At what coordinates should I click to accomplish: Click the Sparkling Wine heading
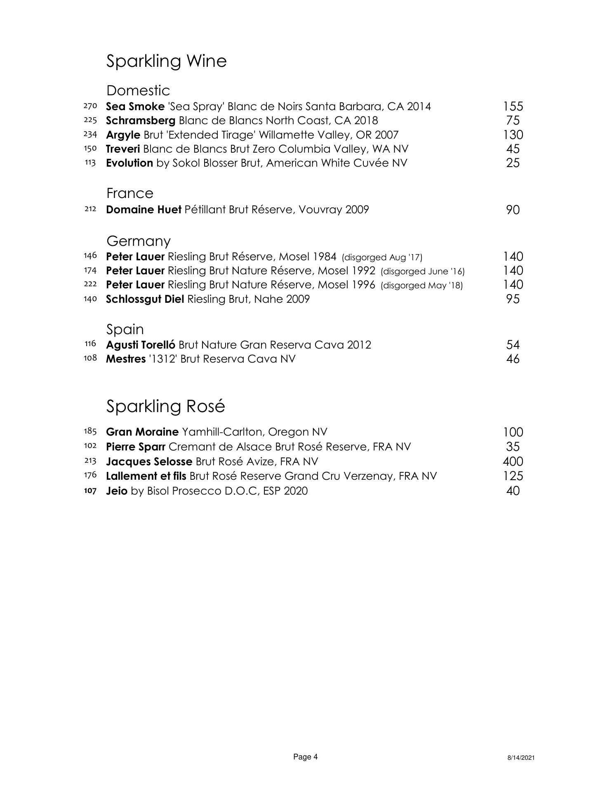[166, 61]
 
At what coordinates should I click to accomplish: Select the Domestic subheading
[138, 90]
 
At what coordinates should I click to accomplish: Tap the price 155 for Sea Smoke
[513, 106]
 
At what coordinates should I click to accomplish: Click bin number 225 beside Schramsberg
[90, 120]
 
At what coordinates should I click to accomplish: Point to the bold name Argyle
[123, 135]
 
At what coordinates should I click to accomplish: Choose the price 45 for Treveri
[513, 149]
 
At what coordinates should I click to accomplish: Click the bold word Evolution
[129, 163]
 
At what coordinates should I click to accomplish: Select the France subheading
[129, 193]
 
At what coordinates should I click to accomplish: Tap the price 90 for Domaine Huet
[513, 210]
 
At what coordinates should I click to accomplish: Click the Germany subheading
[138, 240]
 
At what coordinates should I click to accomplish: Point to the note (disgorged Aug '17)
[382, 258]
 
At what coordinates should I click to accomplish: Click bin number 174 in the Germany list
[90, 271]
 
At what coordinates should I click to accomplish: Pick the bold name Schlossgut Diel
[145, 299]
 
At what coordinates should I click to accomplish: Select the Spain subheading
[125, 329]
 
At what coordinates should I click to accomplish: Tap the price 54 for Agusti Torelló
[513, 345]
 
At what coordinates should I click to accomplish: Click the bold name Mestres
[126, 359]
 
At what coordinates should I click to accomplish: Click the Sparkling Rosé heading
[165, 406]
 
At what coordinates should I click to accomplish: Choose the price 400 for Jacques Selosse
[513, 462]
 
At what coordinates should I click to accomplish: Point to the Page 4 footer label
[305, 757]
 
